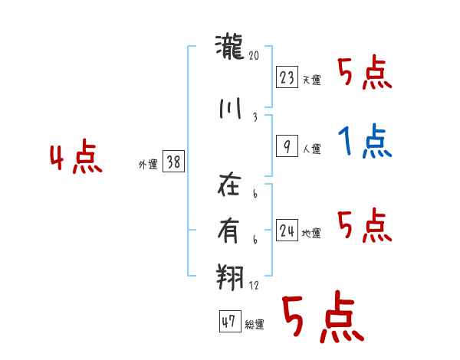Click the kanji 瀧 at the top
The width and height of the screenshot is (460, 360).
[230, 49]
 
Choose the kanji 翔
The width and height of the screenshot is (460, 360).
[231, 273]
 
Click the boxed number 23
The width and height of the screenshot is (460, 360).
[287, 77]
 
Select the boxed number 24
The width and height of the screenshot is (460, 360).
[287, 230]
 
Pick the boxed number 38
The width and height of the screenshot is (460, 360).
[173, 162]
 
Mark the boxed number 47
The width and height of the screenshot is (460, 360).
[228, 322]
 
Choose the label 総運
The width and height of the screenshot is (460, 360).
[255, 325]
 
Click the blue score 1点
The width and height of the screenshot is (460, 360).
[365, 141]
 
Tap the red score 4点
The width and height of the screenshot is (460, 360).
[75, 159]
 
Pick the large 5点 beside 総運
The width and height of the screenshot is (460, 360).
[322, 318]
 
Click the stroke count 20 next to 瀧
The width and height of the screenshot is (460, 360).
[255, 55]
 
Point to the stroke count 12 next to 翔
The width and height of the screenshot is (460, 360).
[255, 286]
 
